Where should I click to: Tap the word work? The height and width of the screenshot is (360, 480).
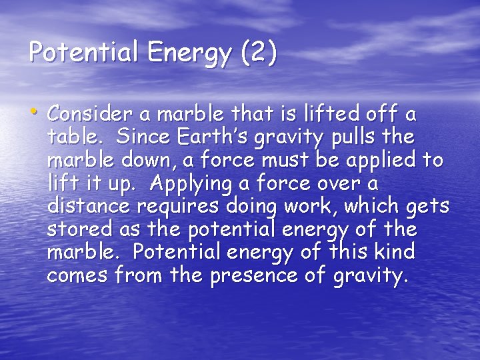tap(309, 207)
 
